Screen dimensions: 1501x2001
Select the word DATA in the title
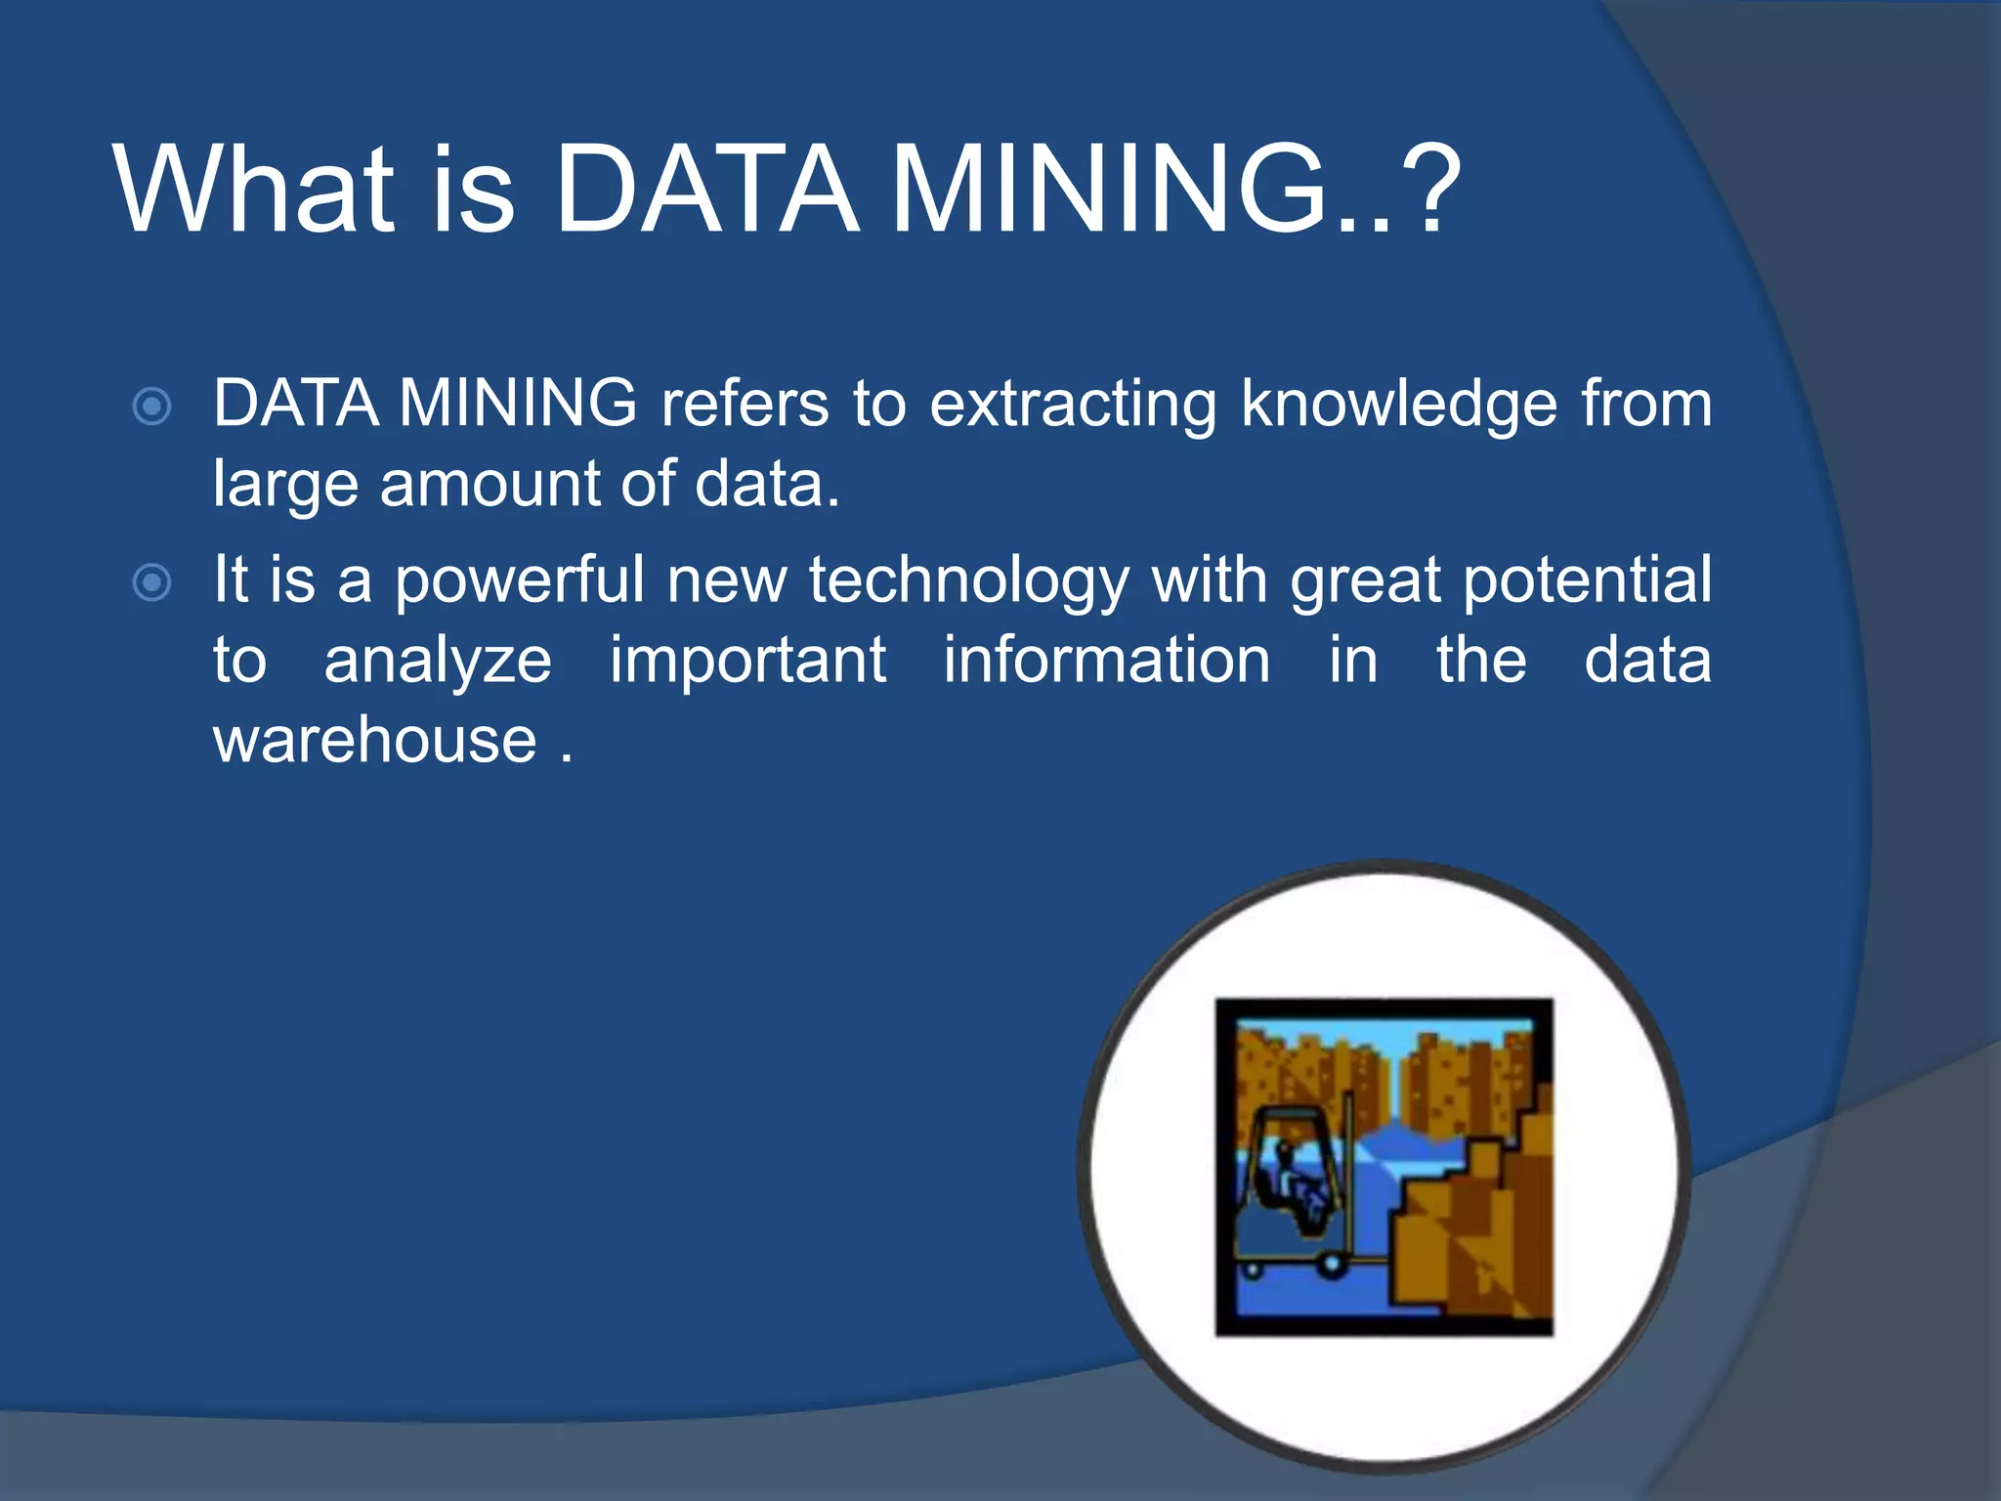(x=705, y=190)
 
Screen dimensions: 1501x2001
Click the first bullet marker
(x=152, y=406)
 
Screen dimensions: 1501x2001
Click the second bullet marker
(x=152, y=582)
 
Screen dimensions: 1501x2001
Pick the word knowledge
(x=1398, y=404)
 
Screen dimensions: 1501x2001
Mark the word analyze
(x=438, y=662)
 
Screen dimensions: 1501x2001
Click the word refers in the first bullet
(x=744, y=404)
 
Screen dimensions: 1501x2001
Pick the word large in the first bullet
(x=285, y=485)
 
